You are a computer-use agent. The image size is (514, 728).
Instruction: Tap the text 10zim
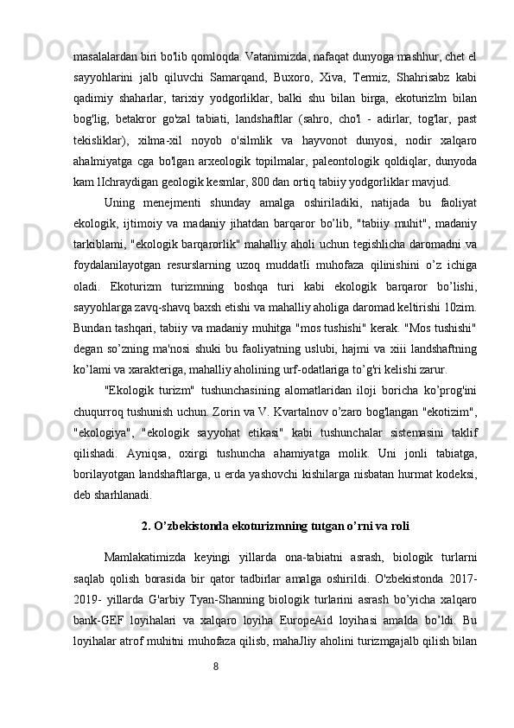tap(461, 307)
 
